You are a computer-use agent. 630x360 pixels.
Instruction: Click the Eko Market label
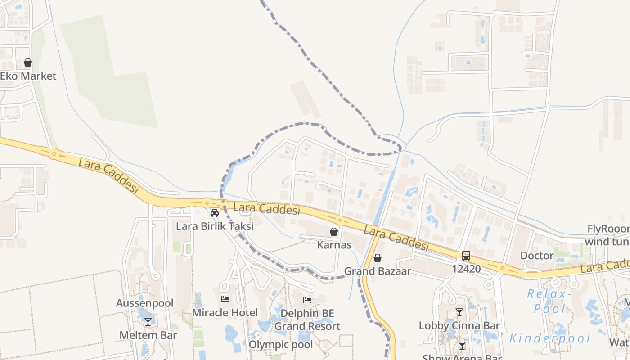[x=28, y=76]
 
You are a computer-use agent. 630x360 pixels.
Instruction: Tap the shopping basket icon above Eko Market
[x=28, y=63]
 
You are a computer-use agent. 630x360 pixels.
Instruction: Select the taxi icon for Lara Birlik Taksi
[x=215, y=213]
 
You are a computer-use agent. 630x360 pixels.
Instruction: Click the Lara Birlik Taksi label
[x=215, y=226]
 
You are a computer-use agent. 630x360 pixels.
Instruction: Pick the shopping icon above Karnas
[x=334, y=232]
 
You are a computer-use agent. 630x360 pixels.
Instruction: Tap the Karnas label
[x=334, y=245]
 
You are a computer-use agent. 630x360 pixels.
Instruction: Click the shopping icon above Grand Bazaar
[x=378, y=258]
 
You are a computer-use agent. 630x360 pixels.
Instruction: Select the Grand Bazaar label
[x=378, y=271]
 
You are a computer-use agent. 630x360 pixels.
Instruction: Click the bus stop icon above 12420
[x=466, y=256]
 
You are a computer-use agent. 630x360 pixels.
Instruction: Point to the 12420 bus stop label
[x=466, y=269]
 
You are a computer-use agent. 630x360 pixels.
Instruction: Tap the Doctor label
[x=537, y=256]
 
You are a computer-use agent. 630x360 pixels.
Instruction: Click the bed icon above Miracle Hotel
[x=225, y=299]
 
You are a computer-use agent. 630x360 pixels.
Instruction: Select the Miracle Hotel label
[x=225, y=313]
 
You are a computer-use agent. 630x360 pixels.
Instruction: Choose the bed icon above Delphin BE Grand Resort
[x=307, y=300]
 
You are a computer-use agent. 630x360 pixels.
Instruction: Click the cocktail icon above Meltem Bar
[x=148, y=322]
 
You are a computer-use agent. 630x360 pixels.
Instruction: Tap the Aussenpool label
[x=144, y=303]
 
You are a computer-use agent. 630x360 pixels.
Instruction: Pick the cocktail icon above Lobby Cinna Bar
[x=459, y=312]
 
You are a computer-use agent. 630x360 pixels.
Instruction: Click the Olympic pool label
[x=281, y=345]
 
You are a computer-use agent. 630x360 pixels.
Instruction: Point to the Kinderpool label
[x=550, y=338]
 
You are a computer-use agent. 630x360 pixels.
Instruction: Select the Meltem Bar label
[x=148, y=335]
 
